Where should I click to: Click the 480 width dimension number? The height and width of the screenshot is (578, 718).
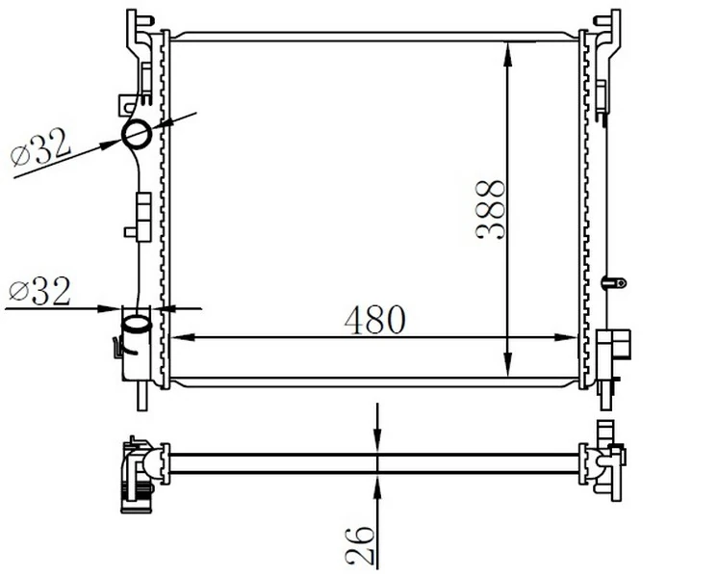(x=375, y=320)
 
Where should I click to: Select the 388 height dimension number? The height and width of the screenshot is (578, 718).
(x=491, y=210)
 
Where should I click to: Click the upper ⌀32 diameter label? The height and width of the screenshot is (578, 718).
(x=41, y=146)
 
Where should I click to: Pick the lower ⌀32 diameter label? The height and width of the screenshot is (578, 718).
(x=39, y=291)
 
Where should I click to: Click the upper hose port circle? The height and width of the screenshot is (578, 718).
(x=137, y=134)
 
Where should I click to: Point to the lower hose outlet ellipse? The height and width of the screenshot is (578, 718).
(x=137, y=324)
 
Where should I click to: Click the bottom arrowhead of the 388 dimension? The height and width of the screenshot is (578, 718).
(x=507, y=365)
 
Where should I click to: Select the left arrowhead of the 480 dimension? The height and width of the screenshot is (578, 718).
(x=183, y=337)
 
